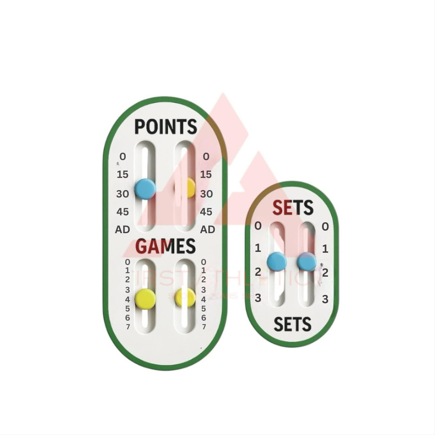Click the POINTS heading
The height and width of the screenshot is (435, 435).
point(165,127)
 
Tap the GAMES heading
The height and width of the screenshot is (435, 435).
point(165,247)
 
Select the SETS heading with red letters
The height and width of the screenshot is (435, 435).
point(292,208)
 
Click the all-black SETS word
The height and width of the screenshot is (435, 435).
point(292,324)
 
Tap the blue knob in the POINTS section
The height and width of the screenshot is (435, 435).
point(145,188)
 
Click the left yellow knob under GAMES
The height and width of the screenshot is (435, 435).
point(145,297)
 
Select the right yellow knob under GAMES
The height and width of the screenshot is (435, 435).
point(186,297)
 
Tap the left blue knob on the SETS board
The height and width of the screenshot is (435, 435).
point(276,261)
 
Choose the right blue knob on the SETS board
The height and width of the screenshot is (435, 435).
point(307,262)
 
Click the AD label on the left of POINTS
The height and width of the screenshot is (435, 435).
point(122,229)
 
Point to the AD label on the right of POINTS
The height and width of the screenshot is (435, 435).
point(208,229)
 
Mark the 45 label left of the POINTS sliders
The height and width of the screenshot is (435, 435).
point(122,212)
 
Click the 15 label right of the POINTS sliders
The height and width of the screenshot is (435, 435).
point(206,174)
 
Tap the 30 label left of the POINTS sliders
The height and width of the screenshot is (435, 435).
point(122,194)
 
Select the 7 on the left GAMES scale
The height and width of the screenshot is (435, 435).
point(128,327)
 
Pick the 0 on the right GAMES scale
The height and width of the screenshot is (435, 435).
point(204,262)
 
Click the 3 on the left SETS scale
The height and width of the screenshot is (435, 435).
point(258,298)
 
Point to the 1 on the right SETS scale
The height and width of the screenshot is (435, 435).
point(325,249)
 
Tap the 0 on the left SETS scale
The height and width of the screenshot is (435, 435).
point(258,226)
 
